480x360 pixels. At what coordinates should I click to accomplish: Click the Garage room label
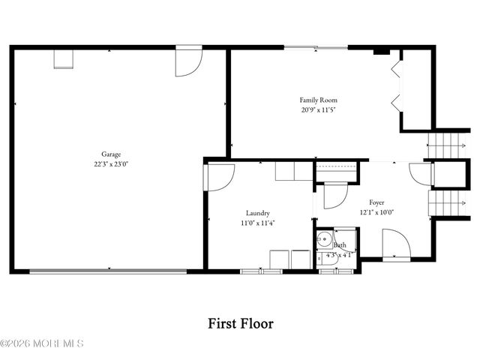111,154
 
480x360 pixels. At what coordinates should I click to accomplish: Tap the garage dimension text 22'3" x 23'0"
111,163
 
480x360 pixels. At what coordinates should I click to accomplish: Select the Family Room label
319,100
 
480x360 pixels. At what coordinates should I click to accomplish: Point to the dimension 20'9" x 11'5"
319,109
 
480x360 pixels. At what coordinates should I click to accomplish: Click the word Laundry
257,212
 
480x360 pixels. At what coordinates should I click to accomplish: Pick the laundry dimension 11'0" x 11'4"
257,222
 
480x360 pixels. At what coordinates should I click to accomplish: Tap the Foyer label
376,202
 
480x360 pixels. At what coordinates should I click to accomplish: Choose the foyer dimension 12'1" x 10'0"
376,212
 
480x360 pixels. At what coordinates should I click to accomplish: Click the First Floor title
240,324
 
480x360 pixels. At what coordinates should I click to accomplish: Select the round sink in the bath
323,241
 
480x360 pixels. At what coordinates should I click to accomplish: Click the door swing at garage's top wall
187,61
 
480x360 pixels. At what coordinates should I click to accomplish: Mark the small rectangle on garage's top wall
62,59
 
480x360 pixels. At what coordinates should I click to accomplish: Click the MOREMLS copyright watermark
42,343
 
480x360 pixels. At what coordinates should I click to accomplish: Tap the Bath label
340,245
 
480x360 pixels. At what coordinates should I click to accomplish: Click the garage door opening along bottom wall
109,271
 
